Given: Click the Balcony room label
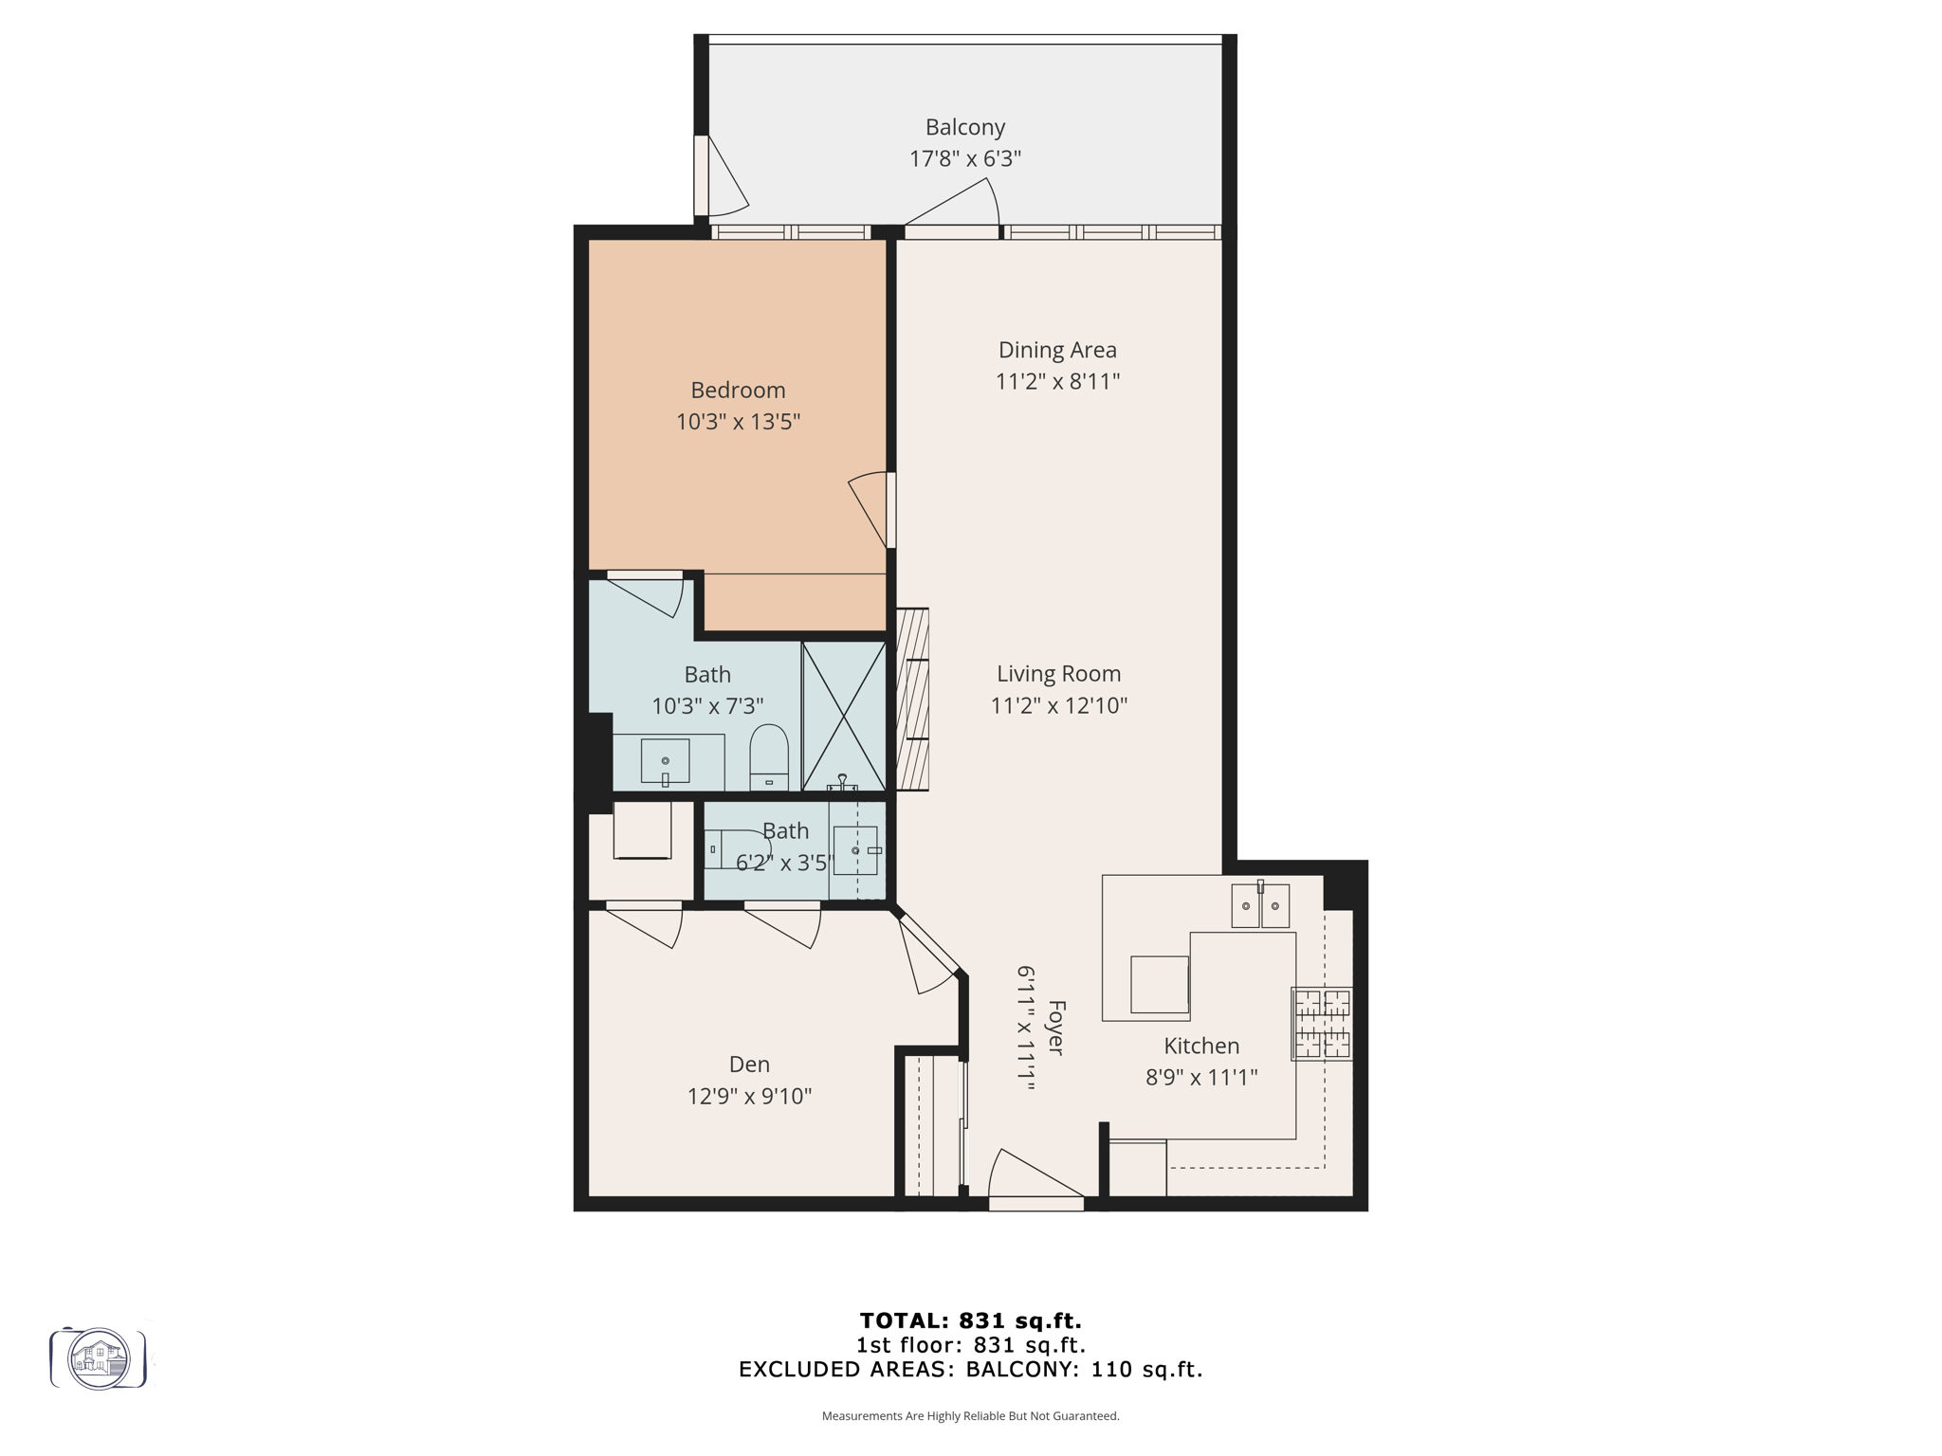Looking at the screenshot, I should pyautogui.click(x=964, y=127).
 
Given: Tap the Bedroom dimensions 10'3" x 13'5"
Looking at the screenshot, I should pyautogui.click(x=738, y=422).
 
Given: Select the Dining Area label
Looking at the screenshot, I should pyautogui.click(x=1057, y=350).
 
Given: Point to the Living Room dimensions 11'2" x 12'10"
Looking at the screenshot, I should pyautogui.click(x=1058, y=705).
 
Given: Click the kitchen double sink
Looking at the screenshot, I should pyautogui.click(x=1260, y=905).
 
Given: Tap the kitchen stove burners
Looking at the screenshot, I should pyautogui.click(x=1322, y=1024).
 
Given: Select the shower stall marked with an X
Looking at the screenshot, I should pyautogui.click(x=843, y=716).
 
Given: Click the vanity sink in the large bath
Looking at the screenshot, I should pyautogui.click(x=665, y=761).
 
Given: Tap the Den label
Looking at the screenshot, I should pyautogui.click(x=749, y=1065).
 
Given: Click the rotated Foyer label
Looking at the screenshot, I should pyautogui.click(x=1055, y=1028).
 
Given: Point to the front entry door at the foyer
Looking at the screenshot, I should pyautogui.click(x=1035, y=1185).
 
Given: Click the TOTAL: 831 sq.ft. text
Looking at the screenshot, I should pyautogui.click(x=970, y=1320).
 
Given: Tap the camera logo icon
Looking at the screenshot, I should pyautogui.click(x=99, y=1358).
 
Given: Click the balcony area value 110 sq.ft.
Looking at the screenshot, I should pyautogui.click(x=1145, y=1369).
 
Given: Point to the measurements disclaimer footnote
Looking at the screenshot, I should pyautogui.click(x=970, y=1416).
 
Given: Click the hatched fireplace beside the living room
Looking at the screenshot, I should pyautogui.click(x=912, y=700).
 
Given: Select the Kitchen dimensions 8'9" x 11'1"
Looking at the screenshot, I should pyautogui.click(x=1200, y=1078).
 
